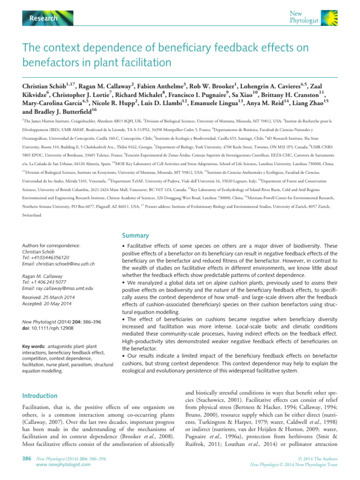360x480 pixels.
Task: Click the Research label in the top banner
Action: tap(44, 18)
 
